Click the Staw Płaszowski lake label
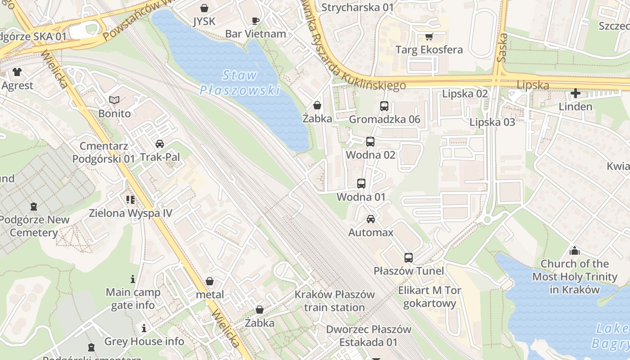tap(239, 83)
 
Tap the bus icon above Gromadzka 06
tap(384, 106)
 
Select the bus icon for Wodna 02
tap(370, 142)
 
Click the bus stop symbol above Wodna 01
tap(361, 184)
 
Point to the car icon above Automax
tap(370, 219)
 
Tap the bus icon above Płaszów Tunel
tap(408, 257)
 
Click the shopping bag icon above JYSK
tap(204, 8)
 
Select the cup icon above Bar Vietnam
tap(255, 20)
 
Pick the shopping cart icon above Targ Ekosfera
tap(428, 36)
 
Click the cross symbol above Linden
tap(575, 94)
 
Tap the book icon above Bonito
tap(114, 100)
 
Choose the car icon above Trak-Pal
tap(159, 144)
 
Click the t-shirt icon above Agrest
tap(17, 72)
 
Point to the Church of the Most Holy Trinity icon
tap(574, 251)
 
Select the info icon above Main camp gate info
tap(133, 279)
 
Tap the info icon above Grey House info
tap(144, 328)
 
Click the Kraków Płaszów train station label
tap(334, 301)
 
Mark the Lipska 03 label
tap(492, 122)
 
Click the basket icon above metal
tap(210, 282)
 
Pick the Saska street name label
tap(503, 47)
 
